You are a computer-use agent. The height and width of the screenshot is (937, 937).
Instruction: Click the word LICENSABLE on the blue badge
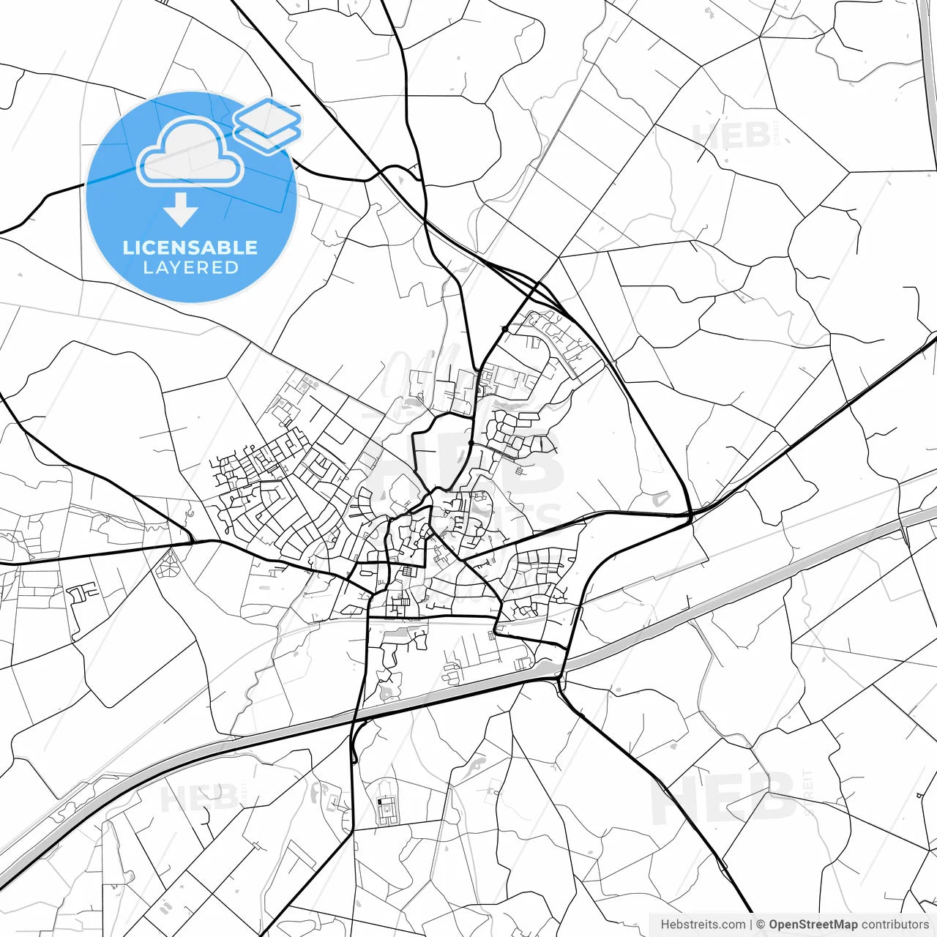pyautogui.click(x=190, y=247)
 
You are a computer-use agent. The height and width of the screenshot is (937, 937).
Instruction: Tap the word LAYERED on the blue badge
pyautogui.click(x=190, y=268)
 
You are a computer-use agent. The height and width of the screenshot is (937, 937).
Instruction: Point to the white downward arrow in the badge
pyautogui.click(x=181, y=209)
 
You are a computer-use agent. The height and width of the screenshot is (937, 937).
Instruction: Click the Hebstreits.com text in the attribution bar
pyautogui.click(x=703, y=925)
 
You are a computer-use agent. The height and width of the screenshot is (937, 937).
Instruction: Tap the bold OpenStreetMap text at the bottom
pyautogui.click(x=813, y=925)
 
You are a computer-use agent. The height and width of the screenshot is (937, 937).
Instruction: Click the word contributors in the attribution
pyautogui.click(x=895, y=925)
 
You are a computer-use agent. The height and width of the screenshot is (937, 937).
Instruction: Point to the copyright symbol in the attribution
pyautogui.click(x=761, y=925)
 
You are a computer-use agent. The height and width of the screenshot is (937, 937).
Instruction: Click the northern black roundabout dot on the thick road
pyautogui.click(x=504, y=329)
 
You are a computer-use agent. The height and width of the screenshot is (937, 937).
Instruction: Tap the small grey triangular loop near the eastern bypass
pyautogui.click(x=660, y=499)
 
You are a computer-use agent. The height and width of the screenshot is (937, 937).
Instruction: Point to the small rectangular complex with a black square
pyautogui.click(x=384, y=810)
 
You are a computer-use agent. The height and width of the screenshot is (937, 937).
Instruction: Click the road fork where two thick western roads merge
pyautogui.click(x=193, y=541)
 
